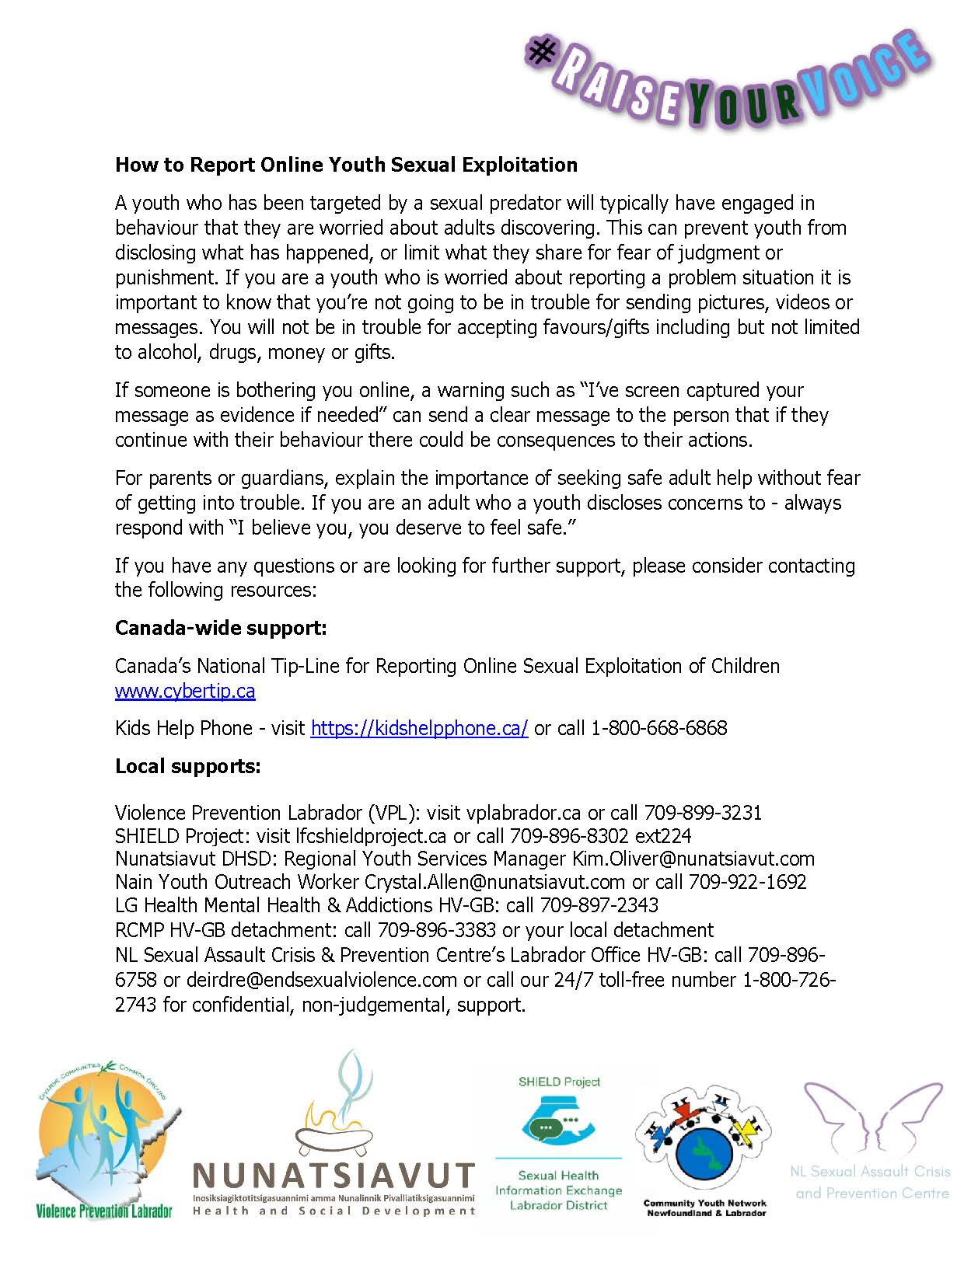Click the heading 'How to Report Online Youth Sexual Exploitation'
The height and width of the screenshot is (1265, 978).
coord(346,165)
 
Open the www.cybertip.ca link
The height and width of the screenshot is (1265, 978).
coord(185,691)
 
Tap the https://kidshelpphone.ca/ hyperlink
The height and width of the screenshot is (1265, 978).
coord(419,728)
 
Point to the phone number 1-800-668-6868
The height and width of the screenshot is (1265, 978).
coord(659,728)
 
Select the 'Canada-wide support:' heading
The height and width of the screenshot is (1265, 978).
coord(221,628)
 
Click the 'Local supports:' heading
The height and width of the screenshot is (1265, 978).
coord(188,766)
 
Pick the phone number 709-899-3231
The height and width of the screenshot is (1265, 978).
coord(703,813)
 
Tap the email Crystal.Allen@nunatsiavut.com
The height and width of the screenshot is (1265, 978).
coord(494,882)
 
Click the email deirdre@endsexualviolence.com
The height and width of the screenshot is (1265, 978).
coord(321,980)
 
